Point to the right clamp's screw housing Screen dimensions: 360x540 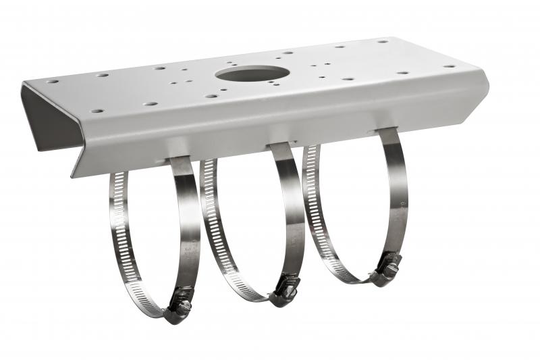tap(388, 266)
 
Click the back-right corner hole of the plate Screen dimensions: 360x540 tap(383, 41)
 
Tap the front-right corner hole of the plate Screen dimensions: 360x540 tap(449, 66)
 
